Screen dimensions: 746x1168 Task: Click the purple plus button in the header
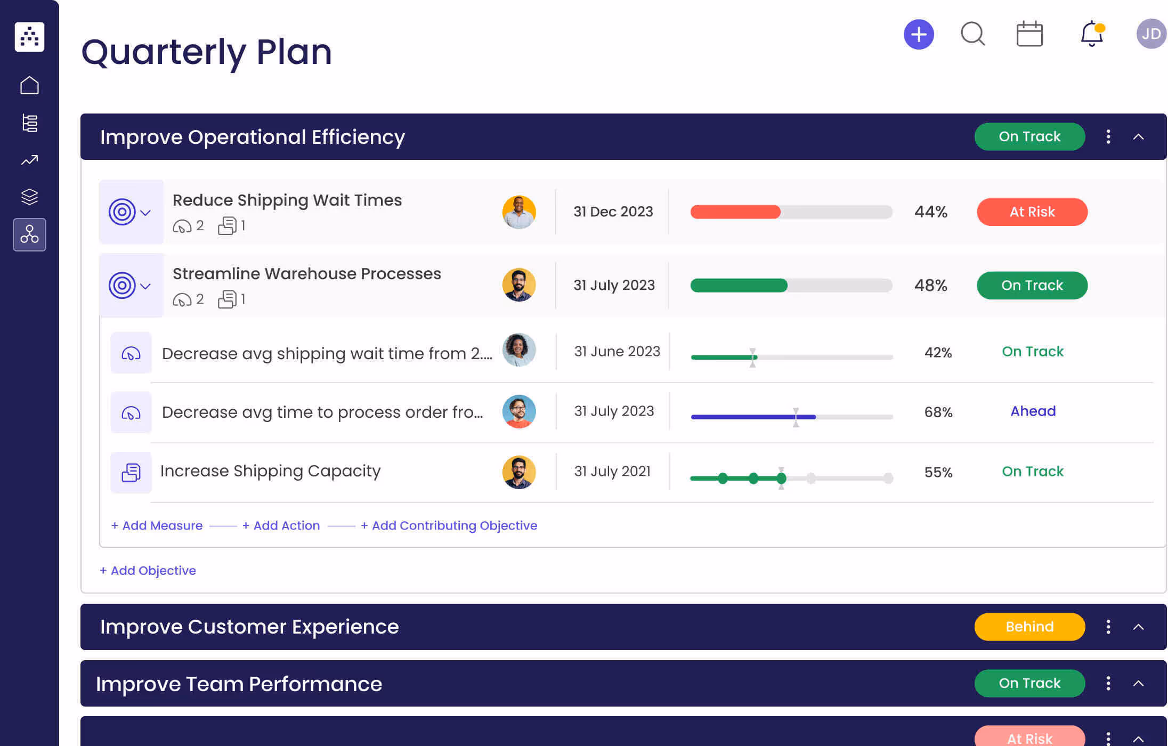[919, 35]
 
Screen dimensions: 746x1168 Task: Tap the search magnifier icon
[972, 34]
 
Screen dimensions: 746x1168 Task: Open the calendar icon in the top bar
[1029, 34]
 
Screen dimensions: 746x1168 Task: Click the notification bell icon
[1091, 34]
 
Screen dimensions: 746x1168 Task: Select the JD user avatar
[1151, 34]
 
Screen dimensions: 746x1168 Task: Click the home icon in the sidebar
[29, 85]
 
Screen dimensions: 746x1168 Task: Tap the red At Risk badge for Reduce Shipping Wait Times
[1032, 212]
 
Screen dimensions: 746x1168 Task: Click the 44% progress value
[930, 212]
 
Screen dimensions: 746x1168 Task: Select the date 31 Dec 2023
[613, 212]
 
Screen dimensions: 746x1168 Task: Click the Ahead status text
[1033, 411]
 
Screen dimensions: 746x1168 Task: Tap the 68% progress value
[938, 412]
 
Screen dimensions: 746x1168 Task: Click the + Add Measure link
[157, 525]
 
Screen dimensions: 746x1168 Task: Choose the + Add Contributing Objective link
[449, 525]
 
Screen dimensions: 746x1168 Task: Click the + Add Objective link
[148, 571]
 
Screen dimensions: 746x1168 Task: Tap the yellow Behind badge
[1029, 627]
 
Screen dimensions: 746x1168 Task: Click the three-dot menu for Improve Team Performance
[1108, 683]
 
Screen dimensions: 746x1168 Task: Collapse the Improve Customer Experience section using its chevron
[1138, 627]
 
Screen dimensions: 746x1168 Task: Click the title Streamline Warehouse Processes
[306, 274]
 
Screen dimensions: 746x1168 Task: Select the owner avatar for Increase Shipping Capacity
[518, 472]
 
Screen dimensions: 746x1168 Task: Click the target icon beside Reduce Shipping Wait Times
[122, 212]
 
